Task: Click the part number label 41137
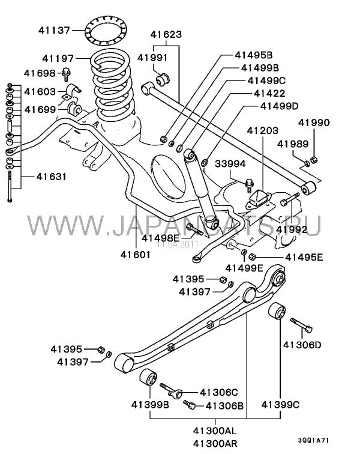(x=54, y=28)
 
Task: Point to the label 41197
(x=57, y=58)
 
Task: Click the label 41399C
(x=283, y=405)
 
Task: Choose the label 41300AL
(x=214, y=431)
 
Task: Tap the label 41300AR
(x=214, y=444)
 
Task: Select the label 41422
(x=269, y=93)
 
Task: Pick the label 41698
(x=40, y=73)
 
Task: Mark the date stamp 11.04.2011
(x=177, y=244)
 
